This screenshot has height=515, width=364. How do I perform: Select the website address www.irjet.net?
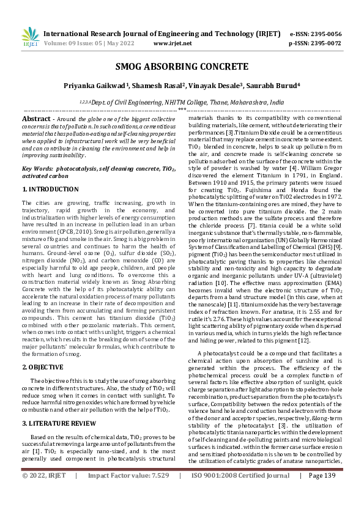tap(173, 43)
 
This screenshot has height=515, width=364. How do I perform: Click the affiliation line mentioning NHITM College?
tap(182, 103)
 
